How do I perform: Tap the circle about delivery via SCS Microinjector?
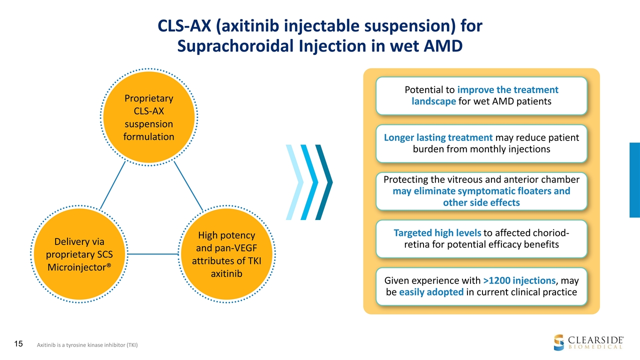tap(78, 254)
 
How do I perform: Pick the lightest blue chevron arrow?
tap(294, 182)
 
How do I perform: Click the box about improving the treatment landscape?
tap(481, 95)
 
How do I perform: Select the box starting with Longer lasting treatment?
tap(481, 143)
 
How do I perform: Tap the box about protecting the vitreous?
tap(481, 191)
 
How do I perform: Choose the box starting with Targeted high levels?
tap(481, 239)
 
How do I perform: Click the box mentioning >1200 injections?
tap(481, 286)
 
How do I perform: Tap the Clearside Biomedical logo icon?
tap(558, 341)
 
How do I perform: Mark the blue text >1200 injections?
tap(519, 281)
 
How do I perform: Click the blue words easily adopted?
tap(431, 292)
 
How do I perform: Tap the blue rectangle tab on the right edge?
tap(634, 180)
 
